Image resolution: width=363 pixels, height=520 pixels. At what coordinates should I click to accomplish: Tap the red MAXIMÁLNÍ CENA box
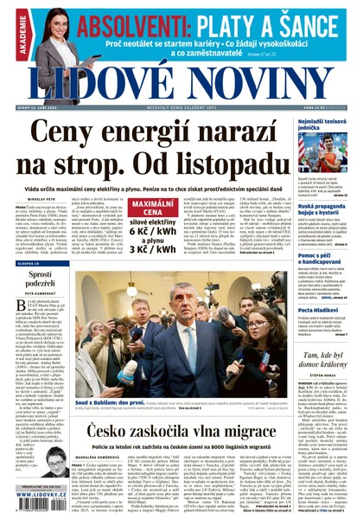154,209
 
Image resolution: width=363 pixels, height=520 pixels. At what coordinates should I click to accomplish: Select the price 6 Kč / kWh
154,233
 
